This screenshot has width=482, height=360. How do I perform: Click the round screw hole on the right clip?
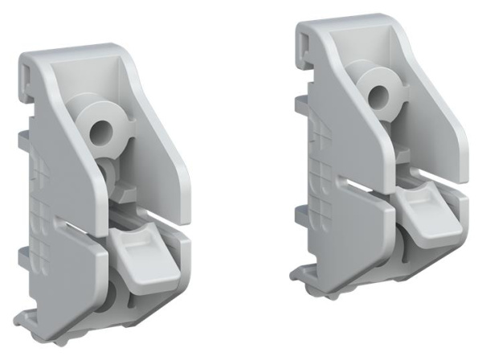point(376,99)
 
